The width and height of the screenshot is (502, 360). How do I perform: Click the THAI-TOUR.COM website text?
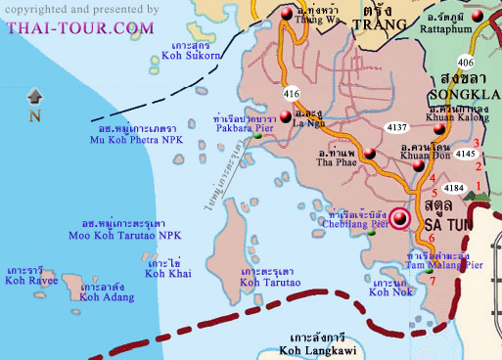79,27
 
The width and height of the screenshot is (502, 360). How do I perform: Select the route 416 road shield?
291,93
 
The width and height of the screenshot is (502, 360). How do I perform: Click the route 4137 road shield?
397,127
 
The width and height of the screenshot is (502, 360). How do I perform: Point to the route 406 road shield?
479,61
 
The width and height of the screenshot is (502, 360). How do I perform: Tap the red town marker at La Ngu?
286,116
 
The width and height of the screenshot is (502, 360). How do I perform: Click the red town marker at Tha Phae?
369,153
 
